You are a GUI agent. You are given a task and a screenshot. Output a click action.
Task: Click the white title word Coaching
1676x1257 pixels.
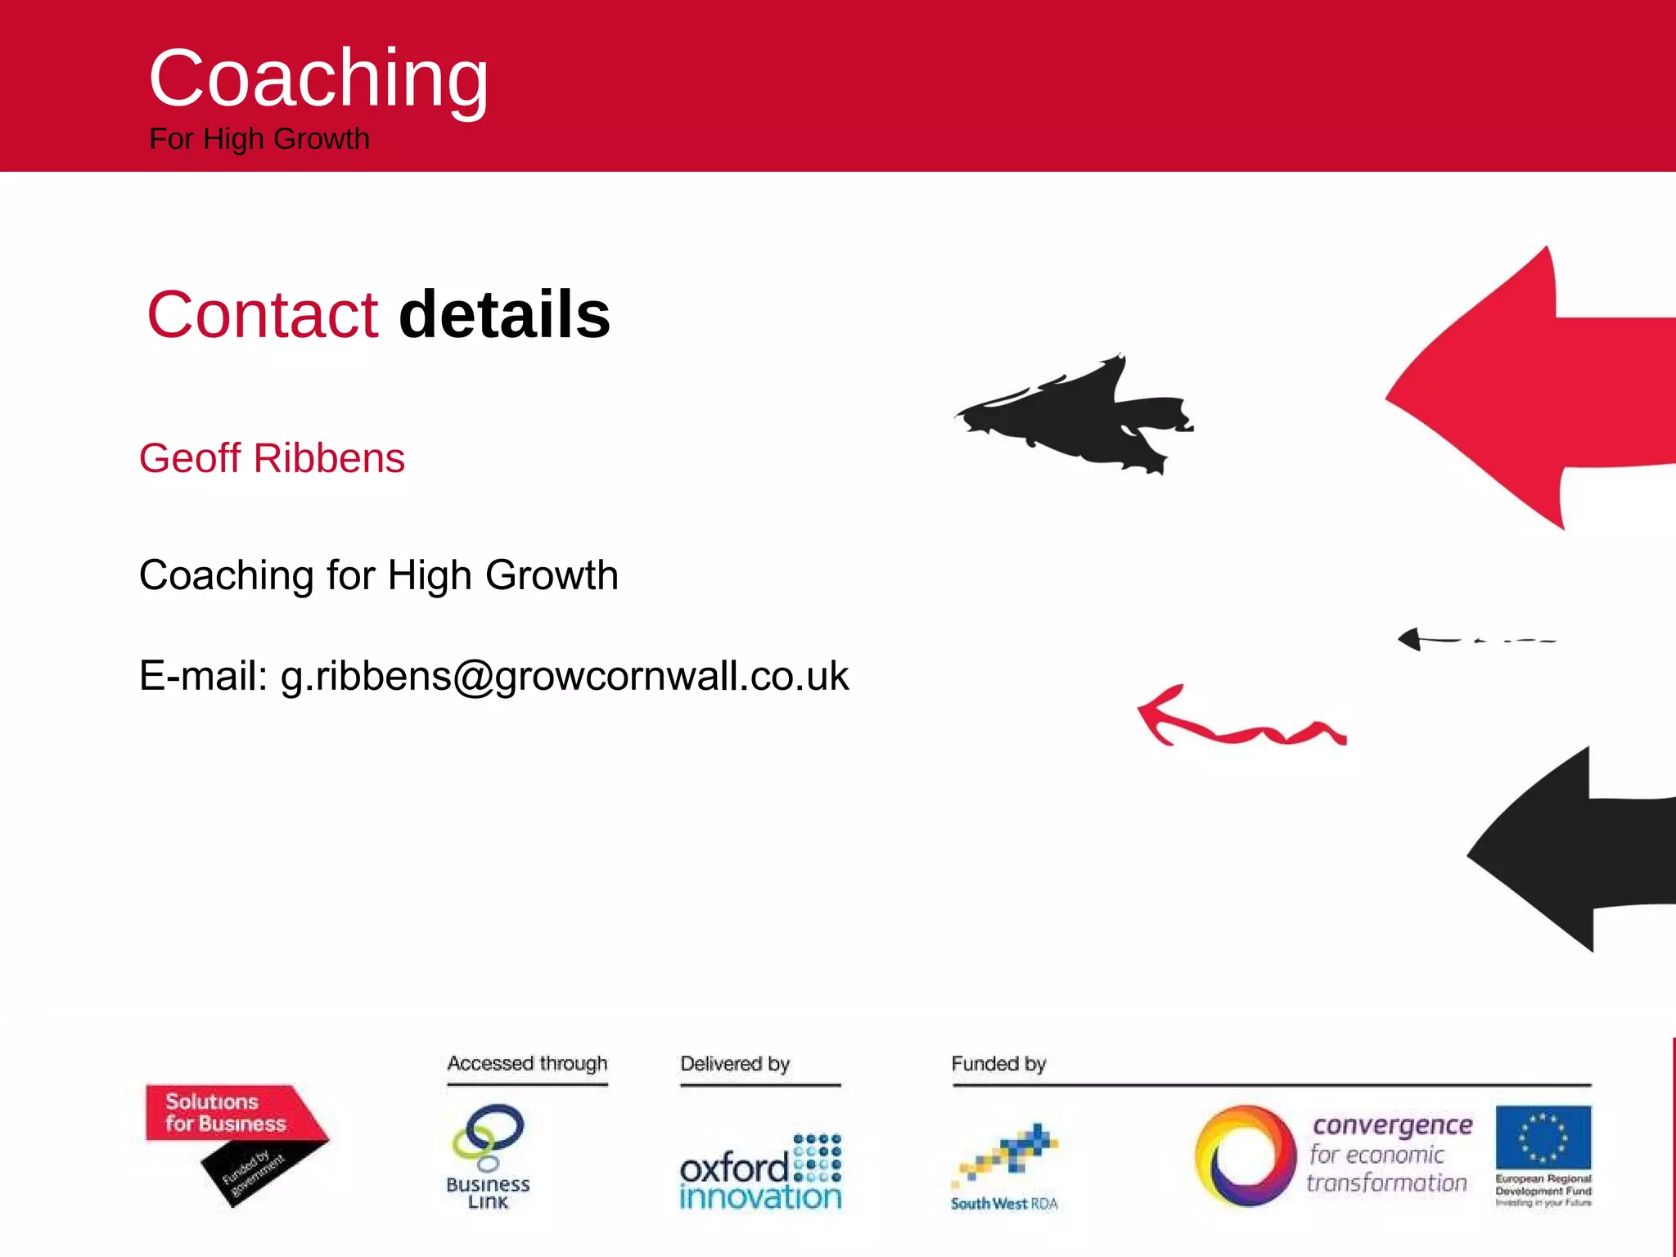click(318, 79)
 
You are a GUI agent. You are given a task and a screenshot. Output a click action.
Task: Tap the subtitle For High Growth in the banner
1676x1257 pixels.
click(259, 139)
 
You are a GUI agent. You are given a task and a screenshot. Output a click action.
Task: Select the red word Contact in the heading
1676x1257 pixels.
click(262, 315)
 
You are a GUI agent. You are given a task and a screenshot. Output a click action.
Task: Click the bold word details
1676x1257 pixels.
click(504, 315)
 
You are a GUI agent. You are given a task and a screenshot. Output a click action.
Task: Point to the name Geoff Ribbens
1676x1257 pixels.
click(272, 458)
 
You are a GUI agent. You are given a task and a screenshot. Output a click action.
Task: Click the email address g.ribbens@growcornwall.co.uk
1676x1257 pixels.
click(565, 677)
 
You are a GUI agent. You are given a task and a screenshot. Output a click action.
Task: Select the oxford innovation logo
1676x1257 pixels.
click(760, 1172)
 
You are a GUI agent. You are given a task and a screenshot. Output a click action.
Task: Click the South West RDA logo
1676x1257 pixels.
click(1005, 1166)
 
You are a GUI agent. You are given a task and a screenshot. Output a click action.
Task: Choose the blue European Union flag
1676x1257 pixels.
click(1543, 1137)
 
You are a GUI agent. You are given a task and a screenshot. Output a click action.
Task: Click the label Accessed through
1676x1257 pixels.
click(527, 1064)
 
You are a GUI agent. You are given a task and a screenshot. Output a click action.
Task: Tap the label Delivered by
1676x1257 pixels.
click(735, 1064)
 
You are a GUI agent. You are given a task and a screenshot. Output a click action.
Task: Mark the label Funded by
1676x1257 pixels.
click(998, 1064)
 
